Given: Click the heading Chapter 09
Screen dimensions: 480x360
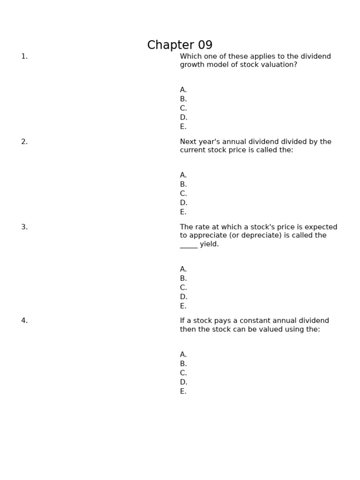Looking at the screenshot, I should click(180, 45).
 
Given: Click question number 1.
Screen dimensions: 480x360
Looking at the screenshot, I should click(24, 56).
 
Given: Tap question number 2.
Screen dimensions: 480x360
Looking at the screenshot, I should click(24, 142).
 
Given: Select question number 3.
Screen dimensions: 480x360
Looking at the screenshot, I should click(24, 227).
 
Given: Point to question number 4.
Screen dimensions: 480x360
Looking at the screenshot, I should click(24, 321).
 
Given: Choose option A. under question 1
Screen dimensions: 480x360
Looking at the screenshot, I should click(183, 90).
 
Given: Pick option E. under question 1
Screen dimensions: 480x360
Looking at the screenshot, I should click(183, 127).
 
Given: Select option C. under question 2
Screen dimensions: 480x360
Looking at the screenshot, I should click(183, 194).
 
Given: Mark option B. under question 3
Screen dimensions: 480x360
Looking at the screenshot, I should click(183, 278).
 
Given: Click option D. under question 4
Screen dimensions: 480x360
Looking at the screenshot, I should click(183, 382).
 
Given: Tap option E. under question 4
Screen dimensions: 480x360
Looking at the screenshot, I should click(183, 391).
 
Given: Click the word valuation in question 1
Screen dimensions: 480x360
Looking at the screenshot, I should click(280, 65).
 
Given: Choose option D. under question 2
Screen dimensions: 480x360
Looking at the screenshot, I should click(183, 203).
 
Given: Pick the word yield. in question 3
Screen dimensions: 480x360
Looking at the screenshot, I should click(210, 244).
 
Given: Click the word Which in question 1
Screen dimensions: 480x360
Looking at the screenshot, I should click(190, 56).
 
